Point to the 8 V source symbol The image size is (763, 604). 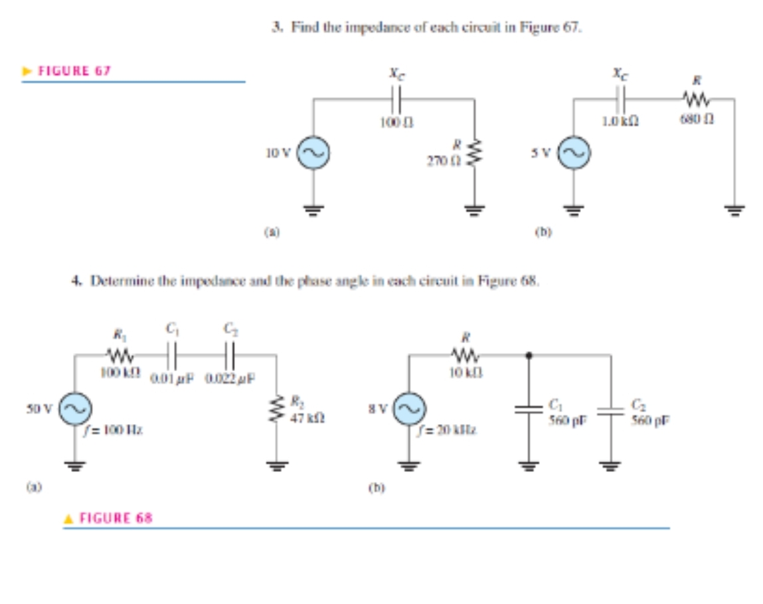click(407, 408)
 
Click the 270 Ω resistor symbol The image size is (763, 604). click(474, 153)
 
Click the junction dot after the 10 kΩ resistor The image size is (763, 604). click(529, 355)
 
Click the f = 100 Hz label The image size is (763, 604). click(110, 431)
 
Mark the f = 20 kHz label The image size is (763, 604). click(442, 431)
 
